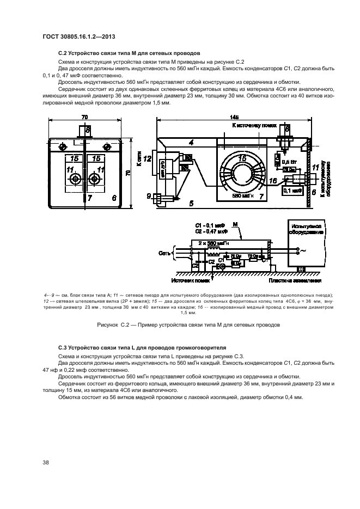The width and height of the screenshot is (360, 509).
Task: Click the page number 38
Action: pyautogui.click(x=46, y=463)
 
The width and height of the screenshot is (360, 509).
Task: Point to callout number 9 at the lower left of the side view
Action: pyautogui.click(x=149, y=195)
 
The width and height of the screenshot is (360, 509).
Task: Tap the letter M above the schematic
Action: pyautogui.click(x=235, y=224)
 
